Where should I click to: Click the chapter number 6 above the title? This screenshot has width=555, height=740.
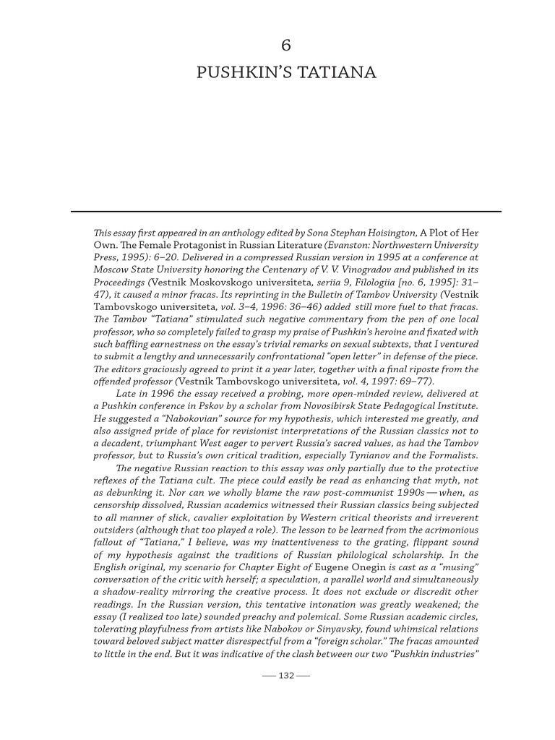[x=285, y=46]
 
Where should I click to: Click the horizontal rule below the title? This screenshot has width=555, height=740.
[x=285, y=211]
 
